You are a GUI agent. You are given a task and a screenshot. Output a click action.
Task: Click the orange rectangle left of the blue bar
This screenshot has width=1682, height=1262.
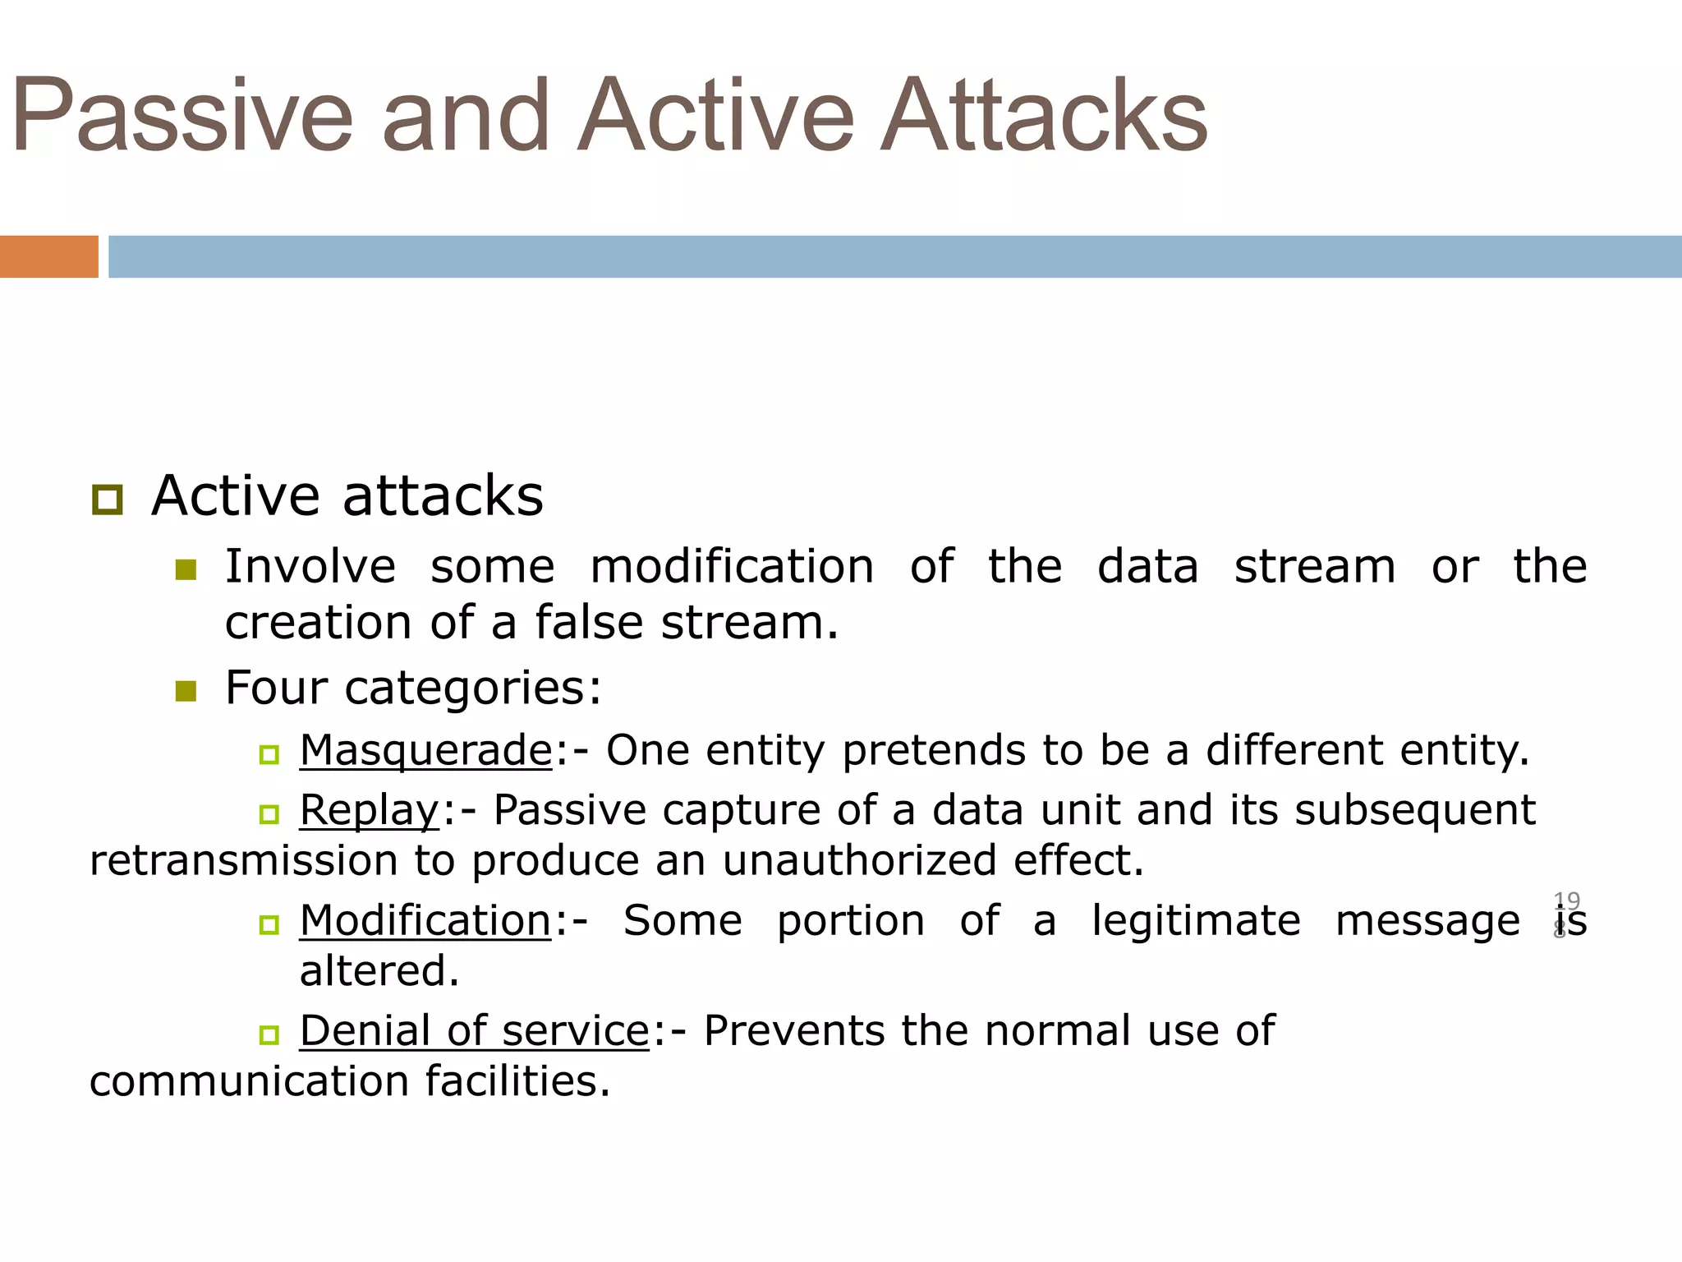[x=48, y=256]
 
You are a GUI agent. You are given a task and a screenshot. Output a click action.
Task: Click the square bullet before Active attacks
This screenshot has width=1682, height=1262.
[x=108, y=500]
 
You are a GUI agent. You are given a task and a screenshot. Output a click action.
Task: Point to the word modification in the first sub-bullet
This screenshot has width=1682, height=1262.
[x=732, y=567]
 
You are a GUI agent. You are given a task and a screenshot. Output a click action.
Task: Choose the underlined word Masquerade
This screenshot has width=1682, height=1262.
[x=426, y=750]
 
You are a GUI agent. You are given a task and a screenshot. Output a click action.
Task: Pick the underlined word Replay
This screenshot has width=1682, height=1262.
[x=370, y=810]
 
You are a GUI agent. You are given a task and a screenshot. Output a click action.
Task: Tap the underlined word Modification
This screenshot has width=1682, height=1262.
[x=425, y=920]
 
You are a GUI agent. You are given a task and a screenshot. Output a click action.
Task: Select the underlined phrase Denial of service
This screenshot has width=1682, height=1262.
[x=475, y=1030]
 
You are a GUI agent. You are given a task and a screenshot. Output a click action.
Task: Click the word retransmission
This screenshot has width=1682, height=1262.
[x=243, y=861]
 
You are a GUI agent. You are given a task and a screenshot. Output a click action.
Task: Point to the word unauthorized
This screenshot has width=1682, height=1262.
[x=858, y=861]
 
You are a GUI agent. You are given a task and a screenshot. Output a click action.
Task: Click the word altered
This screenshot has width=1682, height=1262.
[x=379, y=971]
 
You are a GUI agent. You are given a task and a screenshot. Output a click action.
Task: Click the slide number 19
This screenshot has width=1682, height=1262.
[x=1566, y=901]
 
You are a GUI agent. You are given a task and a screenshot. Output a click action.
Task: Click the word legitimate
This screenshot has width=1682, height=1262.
[x=1196, y=920]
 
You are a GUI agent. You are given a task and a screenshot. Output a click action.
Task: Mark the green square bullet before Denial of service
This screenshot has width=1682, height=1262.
[x=269, y=1034]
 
